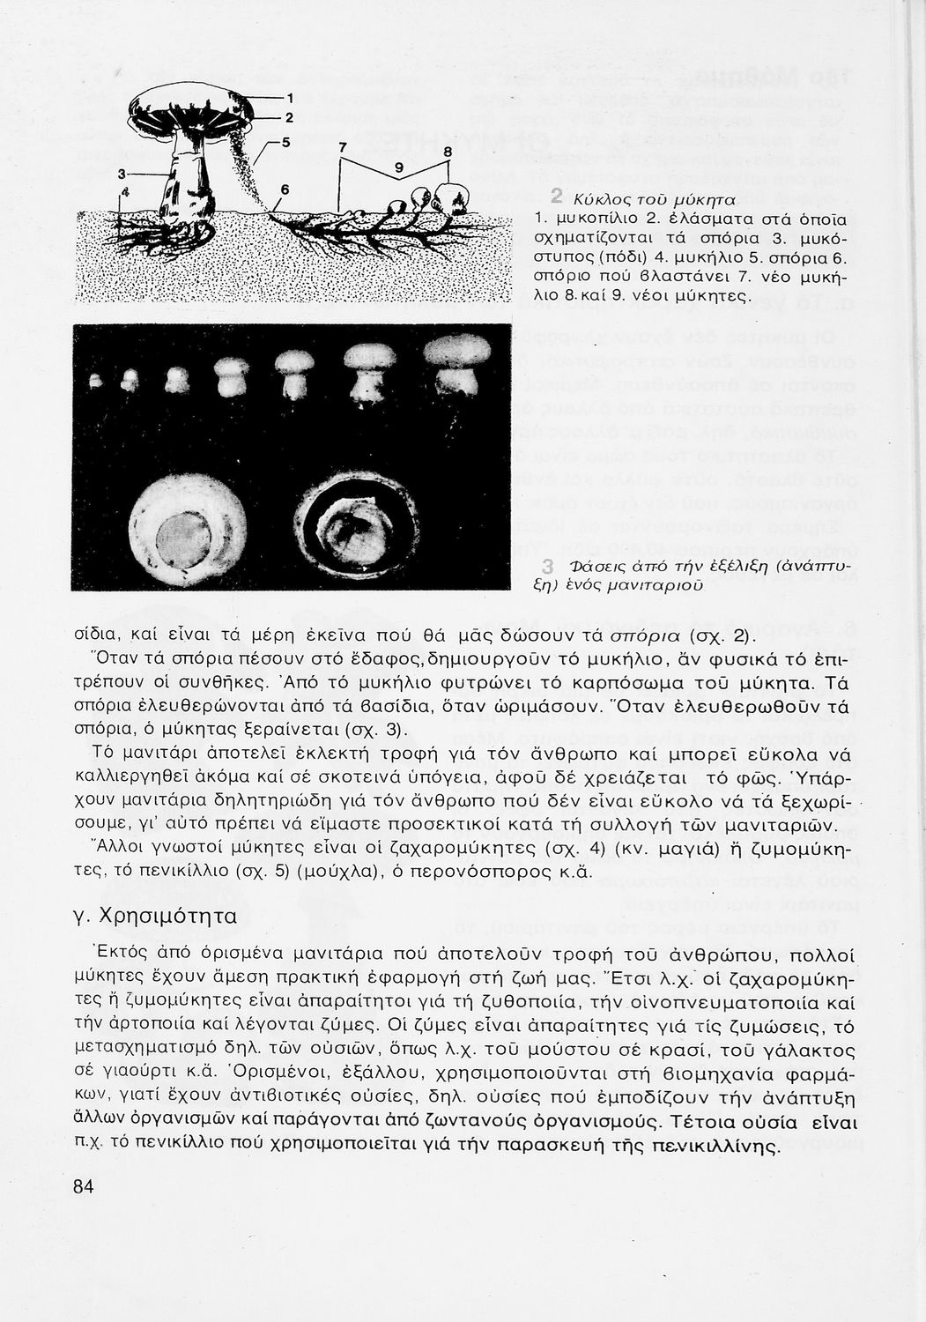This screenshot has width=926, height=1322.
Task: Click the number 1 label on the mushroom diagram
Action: (291, 98)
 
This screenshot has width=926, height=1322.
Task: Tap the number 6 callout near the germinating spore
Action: (285, 189)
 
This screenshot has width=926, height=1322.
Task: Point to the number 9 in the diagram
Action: (397, 167)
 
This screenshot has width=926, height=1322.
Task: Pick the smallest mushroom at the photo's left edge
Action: (94, 382)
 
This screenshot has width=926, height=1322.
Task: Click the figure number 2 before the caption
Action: (556, 195)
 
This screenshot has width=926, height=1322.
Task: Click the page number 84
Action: (84, 1185)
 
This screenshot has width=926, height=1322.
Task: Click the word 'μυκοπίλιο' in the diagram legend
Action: (592, 219)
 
